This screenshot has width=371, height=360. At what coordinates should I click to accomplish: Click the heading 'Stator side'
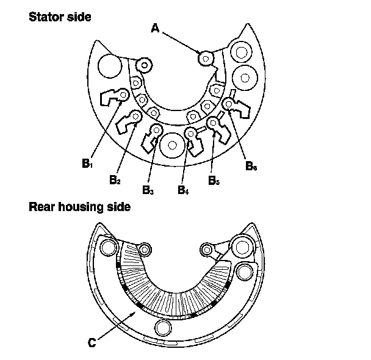[60, 16]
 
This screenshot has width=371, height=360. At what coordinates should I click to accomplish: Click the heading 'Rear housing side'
[80, 207]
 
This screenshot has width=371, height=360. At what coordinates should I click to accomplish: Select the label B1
[87, 164]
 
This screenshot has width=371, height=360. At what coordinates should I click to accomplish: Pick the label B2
[115, 180]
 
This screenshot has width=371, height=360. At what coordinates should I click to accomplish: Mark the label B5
[213, 180]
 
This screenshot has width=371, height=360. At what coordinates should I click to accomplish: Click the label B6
[251, 165]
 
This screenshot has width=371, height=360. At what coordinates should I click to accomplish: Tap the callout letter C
[92, 343]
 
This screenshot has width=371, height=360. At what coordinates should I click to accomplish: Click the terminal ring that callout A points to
[205, 59]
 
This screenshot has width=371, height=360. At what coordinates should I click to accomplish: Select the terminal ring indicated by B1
[124, 95]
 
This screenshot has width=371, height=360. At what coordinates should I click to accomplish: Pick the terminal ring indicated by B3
[156, 130]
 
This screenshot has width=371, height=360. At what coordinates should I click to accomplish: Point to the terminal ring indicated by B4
[191, 132]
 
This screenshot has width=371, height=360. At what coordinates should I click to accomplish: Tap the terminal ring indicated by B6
[229, 104]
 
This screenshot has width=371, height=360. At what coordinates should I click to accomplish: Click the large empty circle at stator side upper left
[110, 65]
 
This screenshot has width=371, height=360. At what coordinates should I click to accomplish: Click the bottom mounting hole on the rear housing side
[164, 328]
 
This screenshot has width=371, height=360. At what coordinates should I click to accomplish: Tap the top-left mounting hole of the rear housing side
[109, 247]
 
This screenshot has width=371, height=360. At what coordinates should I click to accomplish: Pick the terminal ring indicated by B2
[135, 115]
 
